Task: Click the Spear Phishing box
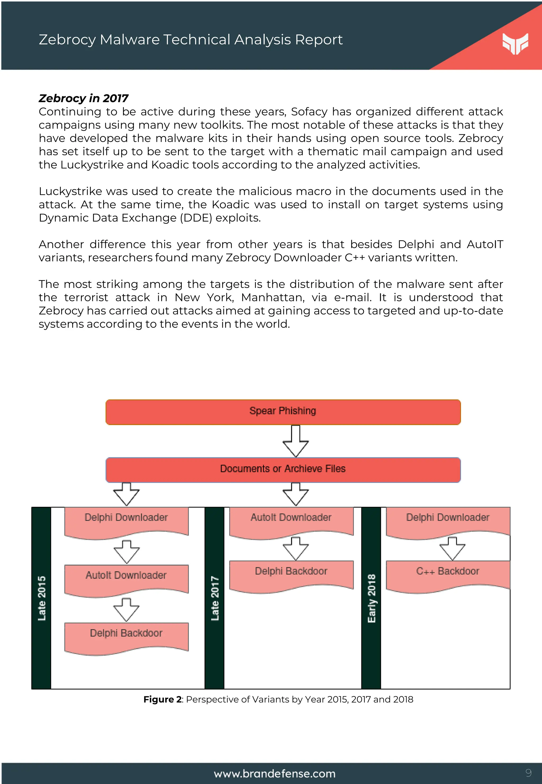(x=283, y=412)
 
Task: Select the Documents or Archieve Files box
(x=283, y=469)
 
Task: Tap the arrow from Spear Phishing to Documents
(x=295, y=441)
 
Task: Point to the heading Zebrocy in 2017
(x=84, y=98)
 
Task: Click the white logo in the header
(x=515, y=43)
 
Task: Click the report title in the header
(x=191, y=40)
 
